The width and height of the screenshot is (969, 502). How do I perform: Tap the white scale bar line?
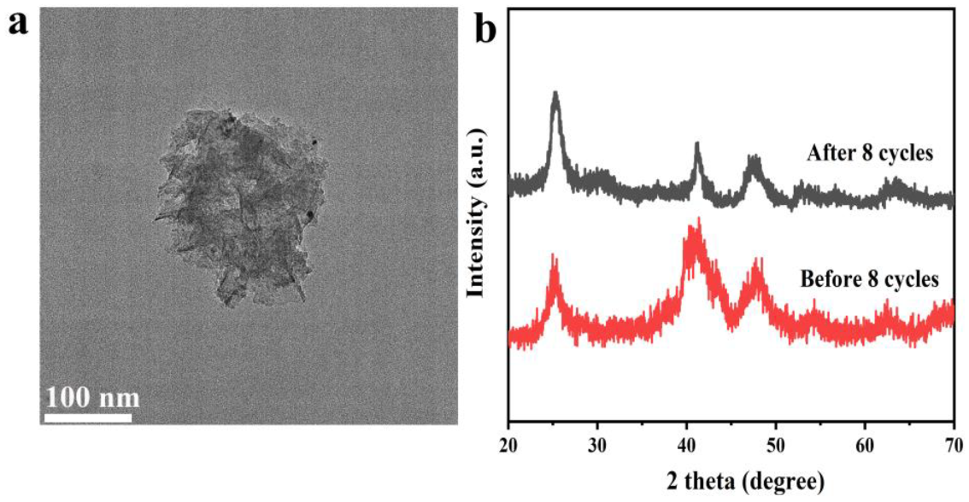coord(88,418)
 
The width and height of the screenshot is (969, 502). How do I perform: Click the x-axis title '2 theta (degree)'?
coord(731,479)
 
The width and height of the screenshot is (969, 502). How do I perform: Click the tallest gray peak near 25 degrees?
coord(555,93)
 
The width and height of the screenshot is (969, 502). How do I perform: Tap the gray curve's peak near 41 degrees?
coord(697,145)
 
